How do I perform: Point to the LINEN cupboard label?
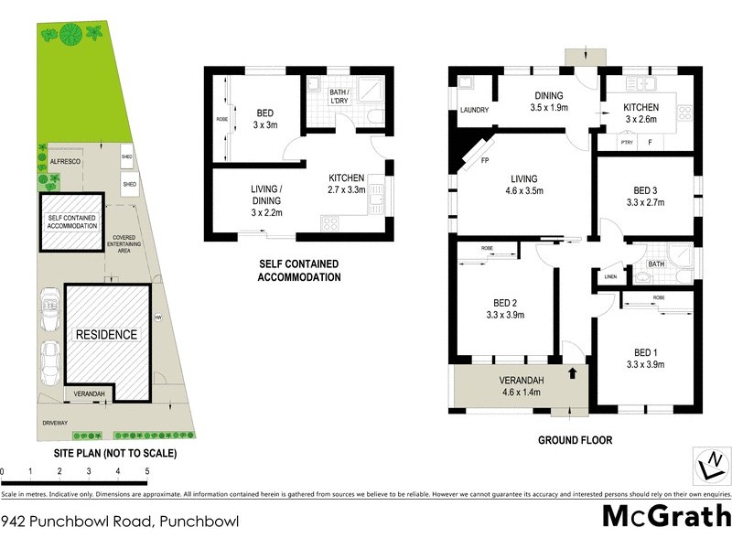click(608, 278)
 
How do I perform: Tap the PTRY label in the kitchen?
click(627, 143)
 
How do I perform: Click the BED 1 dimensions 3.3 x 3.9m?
click(645, 364)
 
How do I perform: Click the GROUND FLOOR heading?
click(575, 440)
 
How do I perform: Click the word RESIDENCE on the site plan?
click(106, 335)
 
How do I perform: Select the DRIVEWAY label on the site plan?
click(55, 423)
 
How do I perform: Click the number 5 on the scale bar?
click(146, 472)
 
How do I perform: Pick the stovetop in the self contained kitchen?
click(330, 222)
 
